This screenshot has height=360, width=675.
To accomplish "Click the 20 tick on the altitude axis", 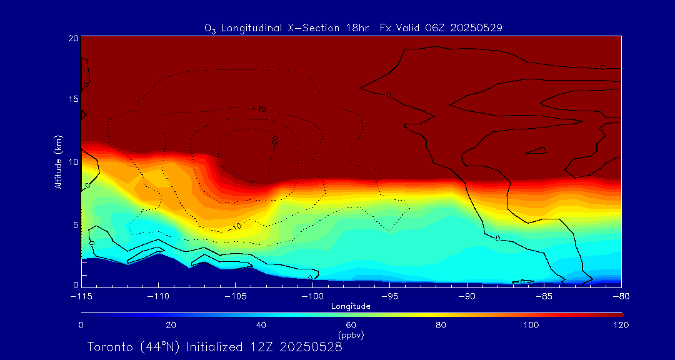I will pyautogui.click(x=73, y=38).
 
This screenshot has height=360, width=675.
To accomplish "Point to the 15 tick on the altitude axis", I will pyautogui.click(x=73, y=99).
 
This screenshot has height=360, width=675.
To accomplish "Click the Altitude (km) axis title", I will pyautogui.click(x=58, y=162).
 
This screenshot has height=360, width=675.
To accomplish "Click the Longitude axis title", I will pyautogui.click(x=351, y=306).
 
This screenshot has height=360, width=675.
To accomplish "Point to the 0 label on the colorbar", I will pyautogui.click(x=81, y=325).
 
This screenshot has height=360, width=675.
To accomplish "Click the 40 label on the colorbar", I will pyautogui.click(x=261, y=325).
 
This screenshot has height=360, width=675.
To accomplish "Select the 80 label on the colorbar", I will pyautogui.click(x=441, y=325).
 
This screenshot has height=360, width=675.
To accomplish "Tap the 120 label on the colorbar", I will pyautogui.click(x=621, y=325).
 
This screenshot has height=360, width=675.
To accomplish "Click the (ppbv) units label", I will pyautogui.click(x=351, y=335).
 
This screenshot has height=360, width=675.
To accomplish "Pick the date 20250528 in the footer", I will pyautogui.click(x=311, y=347).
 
